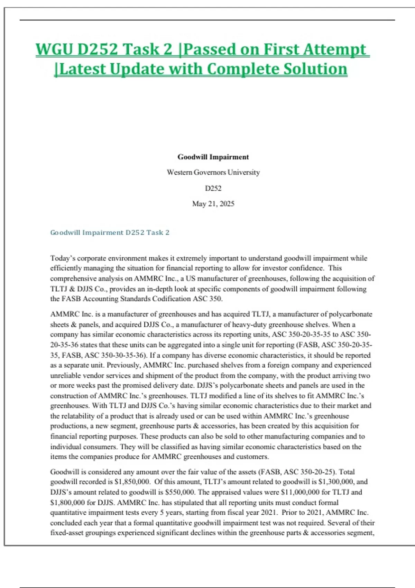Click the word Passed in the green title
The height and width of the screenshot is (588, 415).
point(209,49)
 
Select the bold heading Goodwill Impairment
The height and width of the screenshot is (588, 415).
point(213,157)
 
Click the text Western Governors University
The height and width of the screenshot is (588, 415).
point(213,172)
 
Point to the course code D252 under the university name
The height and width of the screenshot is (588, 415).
point(213,189)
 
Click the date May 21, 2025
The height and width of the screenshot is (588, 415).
point(213,204)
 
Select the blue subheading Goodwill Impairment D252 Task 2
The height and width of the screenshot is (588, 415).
point(110,233)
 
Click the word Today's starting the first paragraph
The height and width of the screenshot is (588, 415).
point(63,258)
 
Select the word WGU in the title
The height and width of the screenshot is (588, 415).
point(54,49)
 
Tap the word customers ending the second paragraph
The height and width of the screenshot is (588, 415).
point(254,457)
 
